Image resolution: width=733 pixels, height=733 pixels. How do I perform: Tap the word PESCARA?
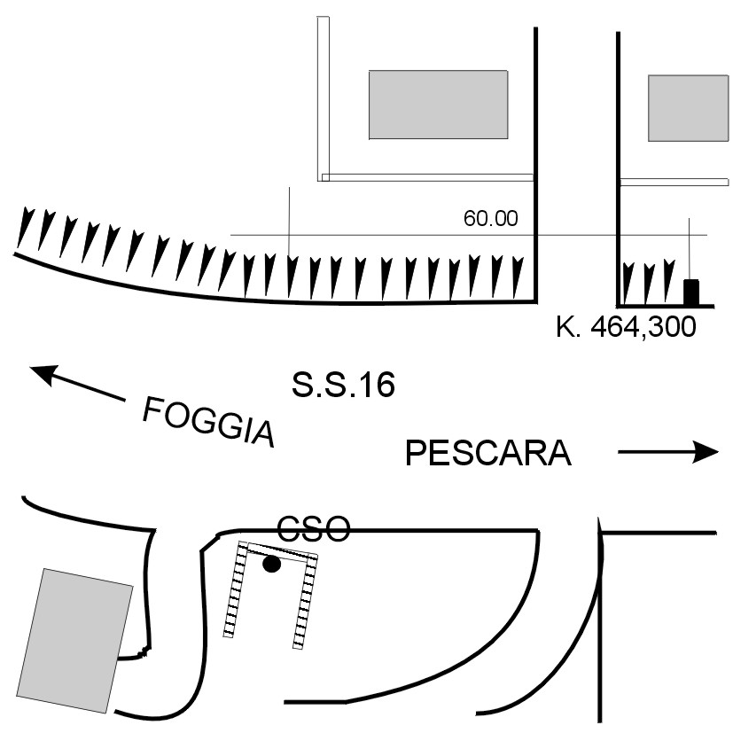[x=487, y=454]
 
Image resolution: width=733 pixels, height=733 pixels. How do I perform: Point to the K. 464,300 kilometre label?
[x=626, y=325]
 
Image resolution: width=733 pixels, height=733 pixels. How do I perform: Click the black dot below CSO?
[x=272, y=564]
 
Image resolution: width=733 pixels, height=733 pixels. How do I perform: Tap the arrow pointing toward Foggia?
[x=75, y=383]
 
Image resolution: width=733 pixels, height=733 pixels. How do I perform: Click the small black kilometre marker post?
[x=690, y=292]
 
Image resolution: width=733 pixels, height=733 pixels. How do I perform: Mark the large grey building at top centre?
[x=438, y=105]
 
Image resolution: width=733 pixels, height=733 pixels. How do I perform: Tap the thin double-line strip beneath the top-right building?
[x=674, y=182]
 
